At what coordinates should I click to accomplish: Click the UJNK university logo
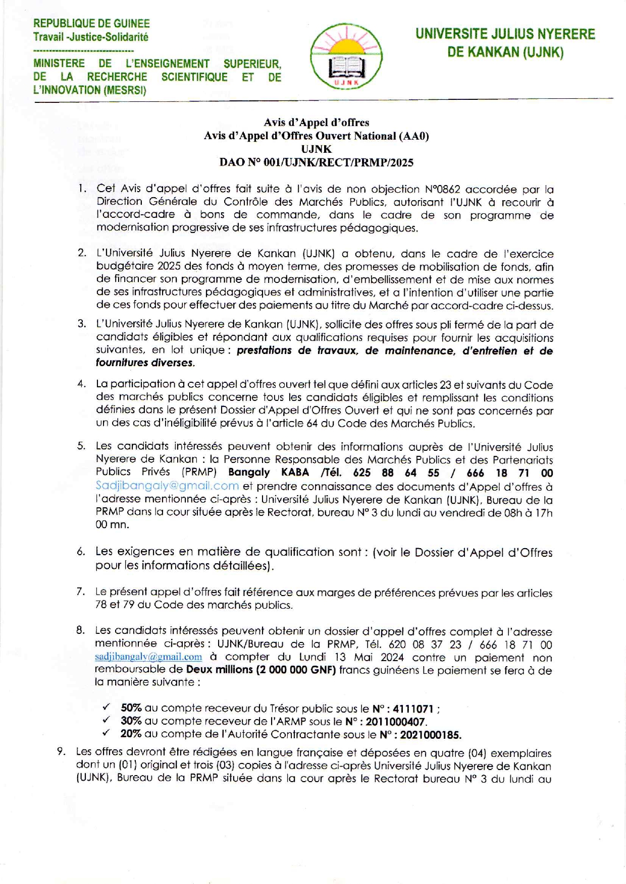tap(346, 57)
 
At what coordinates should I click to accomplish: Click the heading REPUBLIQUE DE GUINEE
tap(91, 24)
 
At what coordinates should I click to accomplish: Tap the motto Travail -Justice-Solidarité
tap(91, 37)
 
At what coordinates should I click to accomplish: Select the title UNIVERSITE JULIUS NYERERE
tap(505, 34)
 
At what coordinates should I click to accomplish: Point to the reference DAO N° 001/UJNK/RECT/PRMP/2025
tap(316, 162)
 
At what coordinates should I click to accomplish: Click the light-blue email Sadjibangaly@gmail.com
tap(167, 486)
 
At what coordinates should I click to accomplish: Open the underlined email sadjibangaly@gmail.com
tap(148, 657)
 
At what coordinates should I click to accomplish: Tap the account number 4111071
tap(413, 709)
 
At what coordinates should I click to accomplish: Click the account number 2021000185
tap(430, 735)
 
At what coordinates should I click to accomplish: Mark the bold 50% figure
tap(131, 708)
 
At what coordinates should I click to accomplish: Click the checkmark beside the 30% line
tap(107, 720)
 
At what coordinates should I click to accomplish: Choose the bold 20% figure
tap(131, 734)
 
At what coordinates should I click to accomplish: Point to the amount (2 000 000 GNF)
tap(296, 670)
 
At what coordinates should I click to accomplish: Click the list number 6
tap(81, 552)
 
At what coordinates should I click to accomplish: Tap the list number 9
tap(61, 752)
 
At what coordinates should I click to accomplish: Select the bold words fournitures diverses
tap(145, 363)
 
